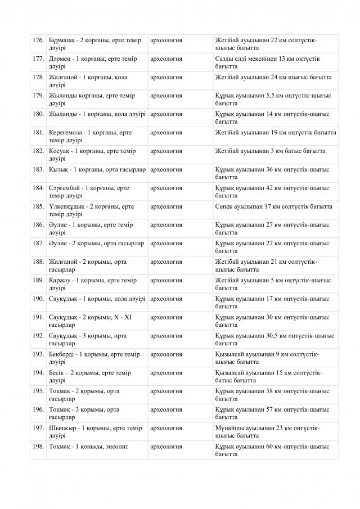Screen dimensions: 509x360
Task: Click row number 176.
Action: pos(38,40)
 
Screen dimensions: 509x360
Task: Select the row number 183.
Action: pos(38,169)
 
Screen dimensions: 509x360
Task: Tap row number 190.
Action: pos(38,299)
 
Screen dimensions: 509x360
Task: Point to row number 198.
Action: pos(38,447)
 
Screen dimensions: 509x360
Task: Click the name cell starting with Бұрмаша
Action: pos(95,44)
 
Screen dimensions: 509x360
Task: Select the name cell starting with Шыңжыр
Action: pos(96,431)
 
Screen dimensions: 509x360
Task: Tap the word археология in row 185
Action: pos(166,206)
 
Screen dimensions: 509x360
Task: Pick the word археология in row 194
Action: pos(166,372)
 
